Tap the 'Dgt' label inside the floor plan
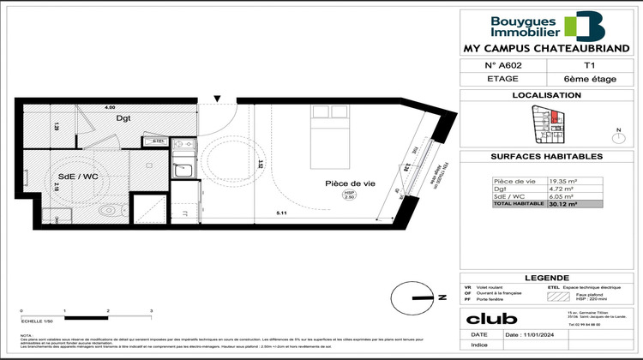pyautogui.click(x=123, y=119)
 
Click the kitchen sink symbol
pyautogui.click(x=182, y=171)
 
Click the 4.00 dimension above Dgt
pyautogui.click(x=110, y=108)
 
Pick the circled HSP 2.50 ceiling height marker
pyautogui.click(x=349, y=195)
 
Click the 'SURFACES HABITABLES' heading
pyautogui.click(x=546, y=157)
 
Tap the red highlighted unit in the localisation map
pyautogui.click(x=554, y=117)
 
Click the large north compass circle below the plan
pyautogui.click(x=410, y=297)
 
